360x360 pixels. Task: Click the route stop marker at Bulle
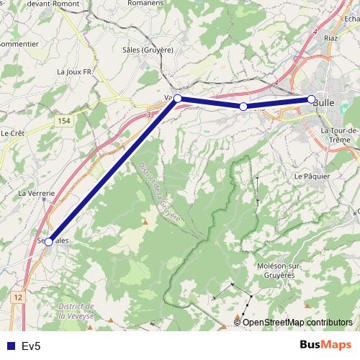[x=311, y=99]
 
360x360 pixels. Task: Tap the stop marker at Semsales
[x=48, y=242]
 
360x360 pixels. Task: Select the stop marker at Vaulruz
[x=178, y=99]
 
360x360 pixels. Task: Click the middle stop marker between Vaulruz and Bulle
[x=243, y=107]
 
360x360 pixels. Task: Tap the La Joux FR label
[x=75, y=72]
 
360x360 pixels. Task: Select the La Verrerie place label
[x=36, y=194]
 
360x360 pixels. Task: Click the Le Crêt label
[x=12, y=133]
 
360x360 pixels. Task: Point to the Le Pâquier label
[x=312, y=176]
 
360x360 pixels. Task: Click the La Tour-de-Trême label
[x=340, y=135]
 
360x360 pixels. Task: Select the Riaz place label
[x=330, y=36]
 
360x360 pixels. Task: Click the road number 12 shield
[x=18, y=297]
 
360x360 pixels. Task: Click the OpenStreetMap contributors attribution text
[x=297, y=323]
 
